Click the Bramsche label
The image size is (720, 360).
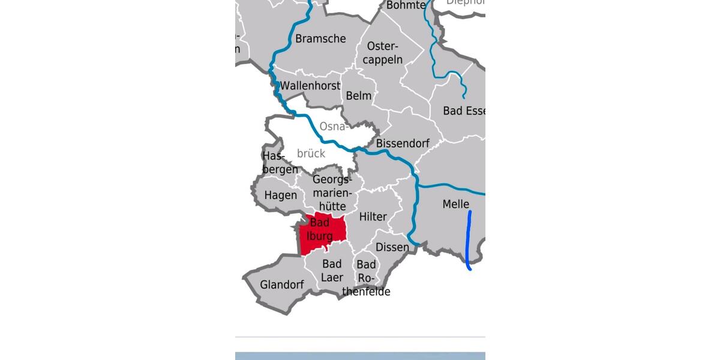(x=320, y=39)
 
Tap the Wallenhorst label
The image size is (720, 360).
(x=310, y=86)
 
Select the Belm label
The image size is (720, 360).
(x=359, y=96)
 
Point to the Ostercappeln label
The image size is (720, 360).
(x=383, y=53)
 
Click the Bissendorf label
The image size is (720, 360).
(x=403, y=144)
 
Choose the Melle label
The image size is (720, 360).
(x=455, y=205)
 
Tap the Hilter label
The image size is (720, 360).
(x=373, y=217)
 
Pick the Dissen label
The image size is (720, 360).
(x=392, y=247)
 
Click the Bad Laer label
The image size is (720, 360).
(x=332, y=271)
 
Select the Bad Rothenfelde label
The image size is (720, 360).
(x=367, y=278)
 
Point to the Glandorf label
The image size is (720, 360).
(x=282, y=285)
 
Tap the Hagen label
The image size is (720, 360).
(x=281, y=196)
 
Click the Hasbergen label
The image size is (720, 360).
(x=280, y=163)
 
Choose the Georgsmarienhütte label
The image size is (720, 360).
(x=330, y=193)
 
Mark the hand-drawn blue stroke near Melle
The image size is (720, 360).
(x=469, y=240)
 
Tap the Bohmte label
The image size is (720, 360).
(x=406, y=5)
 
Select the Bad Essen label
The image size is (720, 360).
(x=464, y=111)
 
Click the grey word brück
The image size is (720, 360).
(x=311, y=154)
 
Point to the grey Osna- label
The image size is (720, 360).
(x=333, y=127)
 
